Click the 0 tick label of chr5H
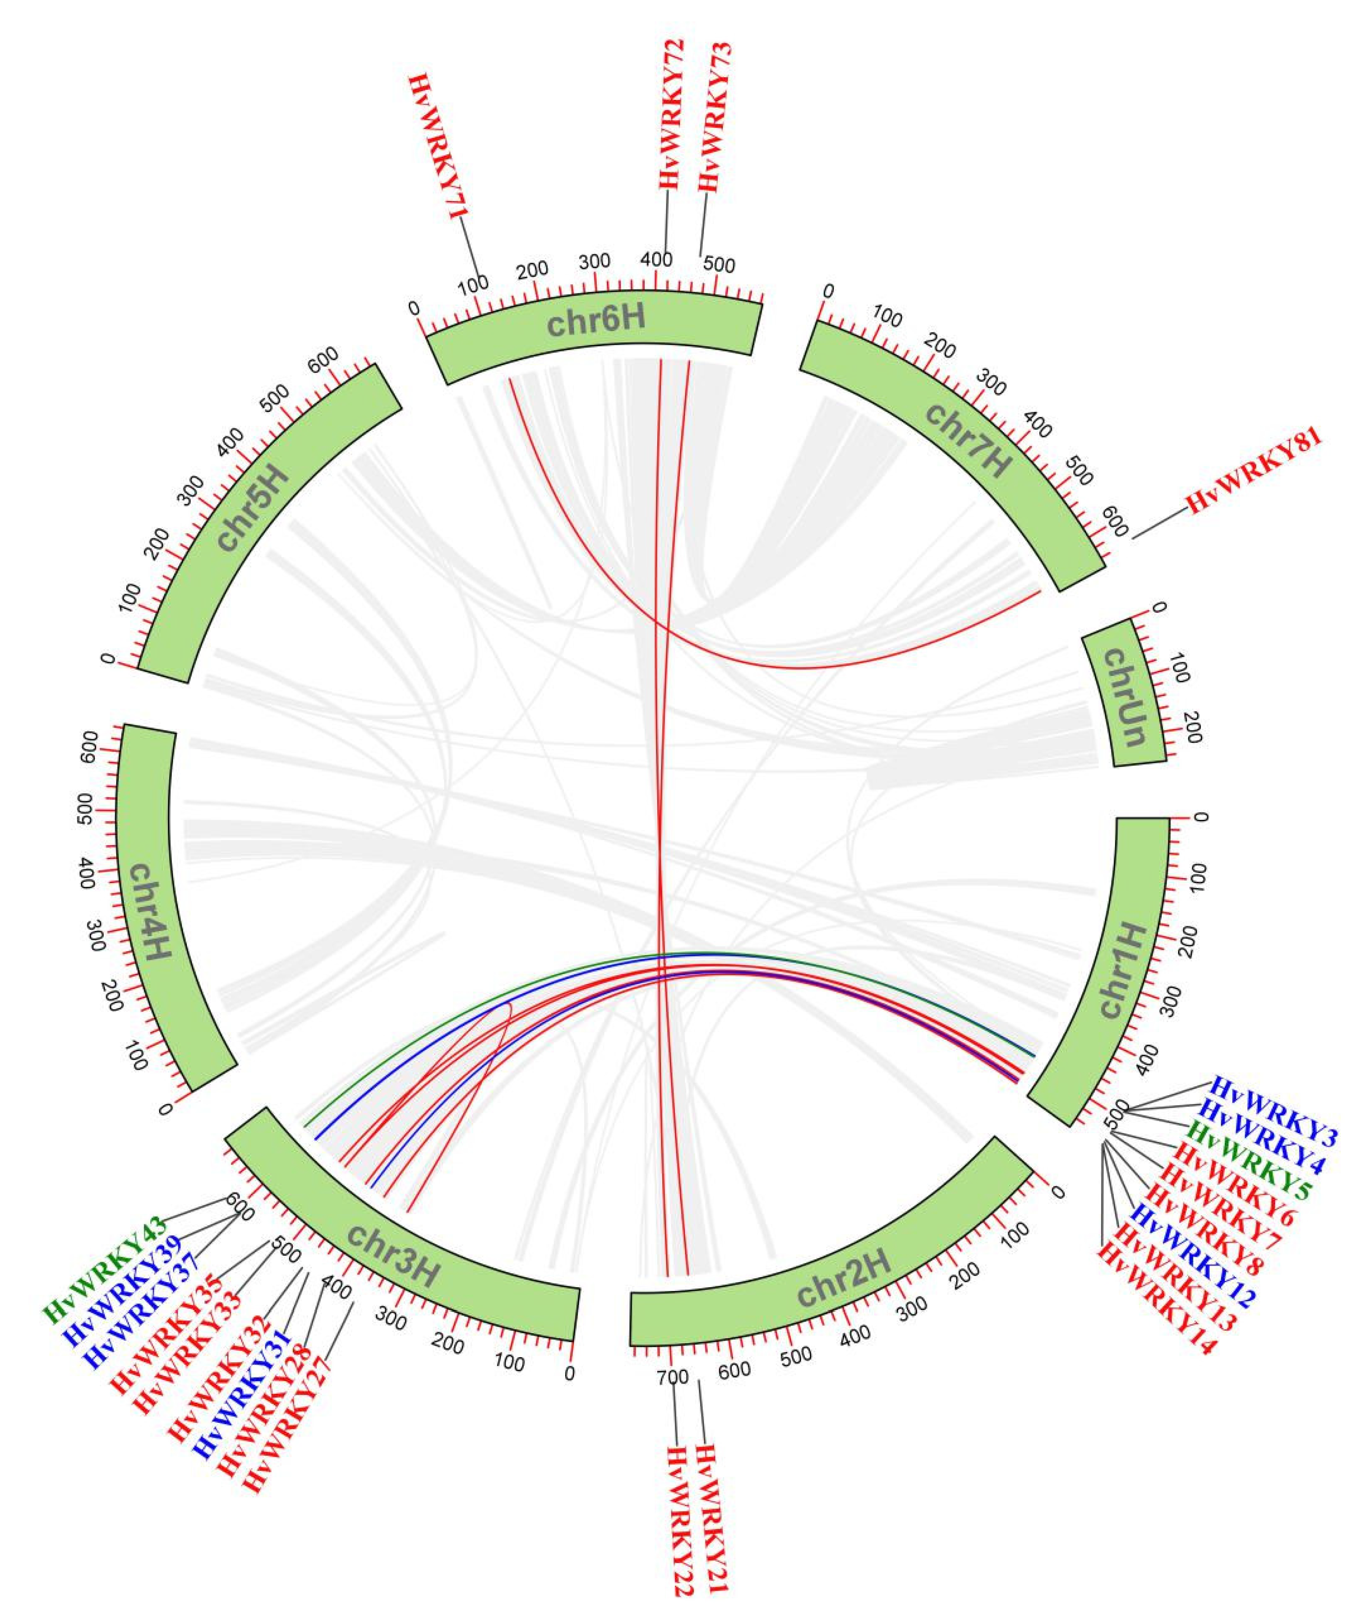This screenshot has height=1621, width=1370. (108, 660)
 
